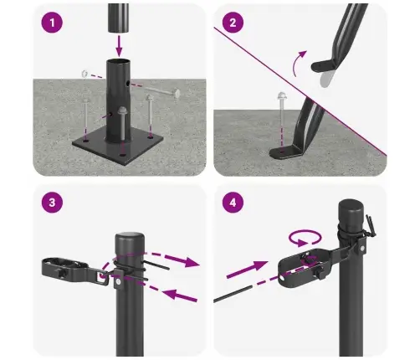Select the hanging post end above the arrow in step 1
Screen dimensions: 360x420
point(118,14)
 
